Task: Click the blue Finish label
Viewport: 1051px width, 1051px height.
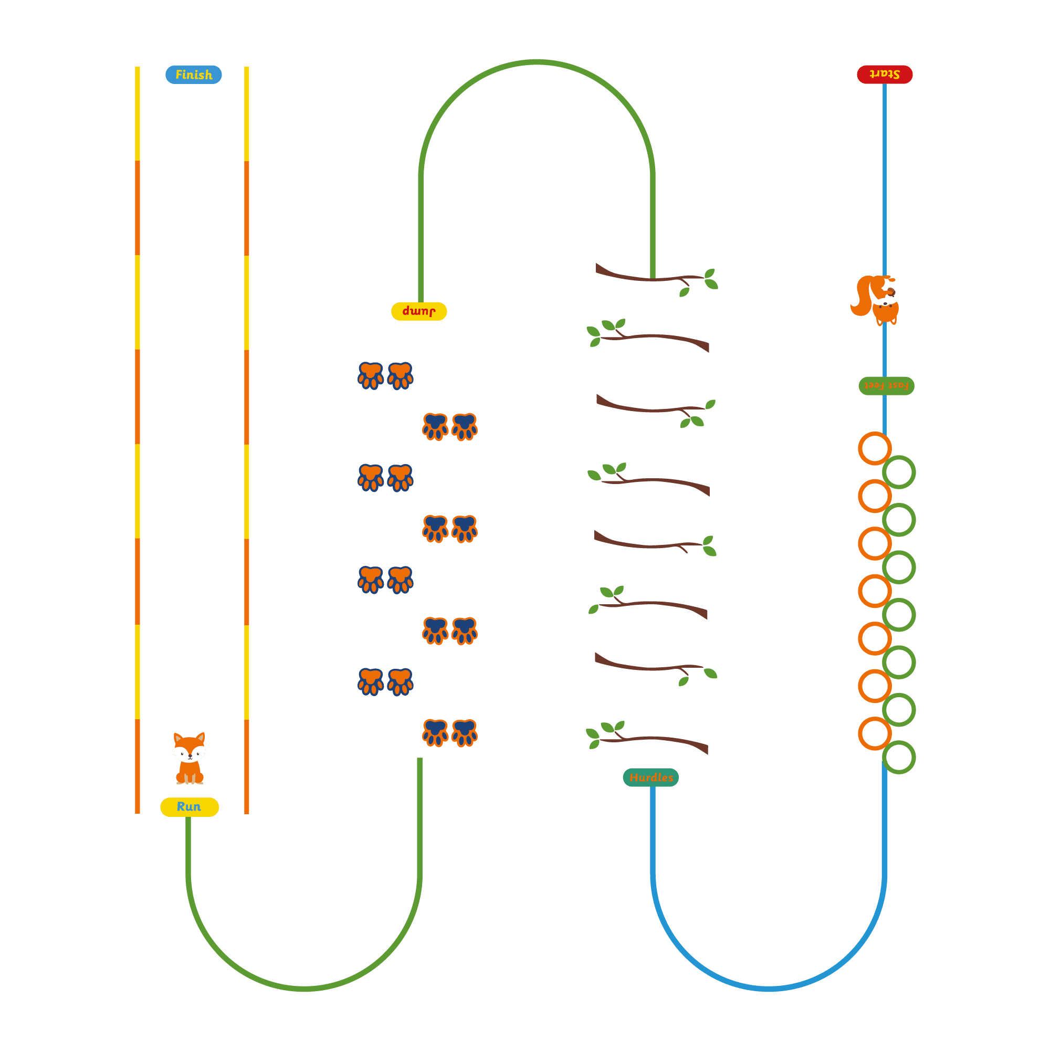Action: click(194, 75)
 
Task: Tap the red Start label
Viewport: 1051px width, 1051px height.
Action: click(885, 74)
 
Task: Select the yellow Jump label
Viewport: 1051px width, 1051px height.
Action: click(419, 311)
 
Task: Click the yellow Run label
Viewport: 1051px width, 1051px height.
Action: click(190, 807)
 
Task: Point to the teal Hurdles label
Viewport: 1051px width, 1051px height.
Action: click(650, 777)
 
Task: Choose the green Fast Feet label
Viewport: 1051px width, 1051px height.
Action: click(886, 386)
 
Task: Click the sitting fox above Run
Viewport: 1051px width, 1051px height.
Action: click(190, 758)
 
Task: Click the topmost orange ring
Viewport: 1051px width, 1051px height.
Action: click(875, 448)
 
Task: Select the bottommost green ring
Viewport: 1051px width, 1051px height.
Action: click(899, 757)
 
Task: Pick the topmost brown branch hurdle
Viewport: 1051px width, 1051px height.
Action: click(656, 280)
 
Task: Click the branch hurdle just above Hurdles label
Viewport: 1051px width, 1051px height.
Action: click(647, 737)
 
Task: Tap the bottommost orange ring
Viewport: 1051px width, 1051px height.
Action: click(875, 733)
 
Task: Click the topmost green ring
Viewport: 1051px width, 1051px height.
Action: click(899, 472)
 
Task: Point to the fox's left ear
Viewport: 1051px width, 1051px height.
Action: click(178, 739)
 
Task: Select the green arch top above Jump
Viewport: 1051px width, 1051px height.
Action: click(537, 62)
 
